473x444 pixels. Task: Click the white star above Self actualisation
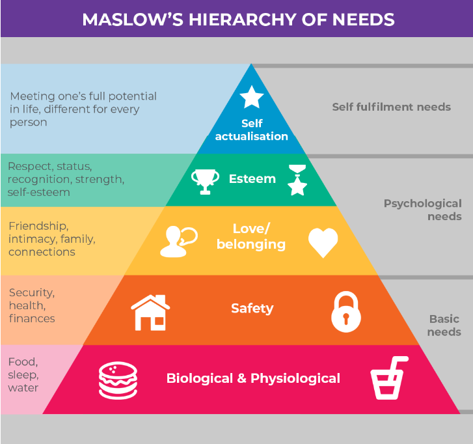click(x=251, y=98)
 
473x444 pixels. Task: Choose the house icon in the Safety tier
click(x=150, y=312)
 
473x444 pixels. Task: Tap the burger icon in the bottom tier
click(x=118, y=380)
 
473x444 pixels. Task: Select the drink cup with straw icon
click(x=388, y=378)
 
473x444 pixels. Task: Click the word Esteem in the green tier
click(x=252, y=178)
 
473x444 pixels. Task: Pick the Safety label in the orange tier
click(x=252, y=308)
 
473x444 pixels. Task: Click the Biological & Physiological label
click(x=253, y=378)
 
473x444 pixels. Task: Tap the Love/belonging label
click(x=250, y=236)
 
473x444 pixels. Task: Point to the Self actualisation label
click(x=251, y=130)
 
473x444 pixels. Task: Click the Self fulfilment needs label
click(x=391, y=107)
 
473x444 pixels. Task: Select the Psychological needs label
click(x=422, y=210)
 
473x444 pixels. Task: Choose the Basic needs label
click(x=444, y=326)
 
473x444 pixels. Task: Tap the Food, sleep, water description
click(x=23, y=375)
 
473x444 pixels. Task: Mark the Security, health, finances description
click(x=32, y=305)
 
